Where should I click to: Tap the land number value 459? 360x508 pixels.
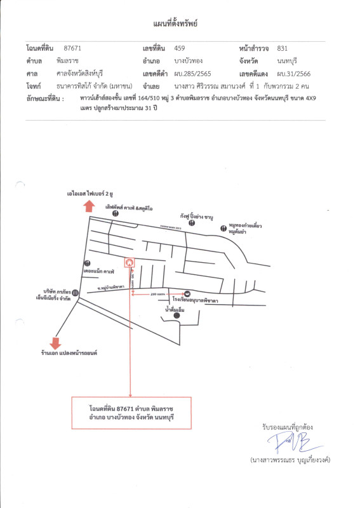click(180, 48)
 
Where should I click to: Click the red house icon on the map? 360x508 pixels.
click(130, 261)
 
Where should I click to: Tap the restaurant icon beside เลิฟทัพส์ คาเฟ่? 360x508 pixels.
click(115, 215)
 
